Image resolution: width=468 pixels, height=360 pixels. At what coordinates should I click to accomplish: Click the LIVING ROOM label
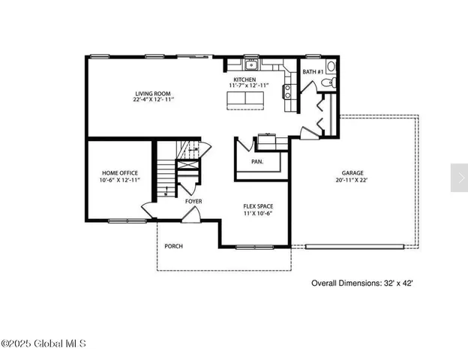(153, 93)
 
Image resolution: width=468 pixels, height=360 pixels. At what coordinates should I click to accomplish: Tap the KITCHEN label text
(244, 79)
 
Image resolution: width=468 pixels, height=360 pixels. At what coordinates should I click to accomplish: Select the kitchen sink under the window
(251, 64)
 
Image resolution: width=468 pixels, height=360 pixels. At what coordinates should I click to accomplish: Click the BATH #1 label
(313, 72)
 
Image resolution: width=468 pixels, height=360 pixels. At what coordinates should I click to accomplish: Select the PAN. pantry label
(257, 161)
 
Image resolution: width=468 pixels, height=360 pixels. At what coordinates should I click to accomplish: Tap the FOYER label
(193, 201)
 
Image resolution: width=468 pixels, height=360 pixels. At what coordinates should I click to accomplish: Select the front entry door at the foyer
(192, 215)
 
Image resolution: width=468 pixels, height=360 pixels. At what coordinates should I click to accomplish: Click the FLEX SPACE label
(257, 206)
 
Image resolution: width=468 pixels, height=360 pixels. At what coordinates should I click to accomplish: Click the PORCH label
(173, 246)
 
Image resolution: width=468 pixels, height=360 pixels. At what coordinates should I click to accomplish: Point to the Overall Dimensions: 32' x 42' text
(362, 283)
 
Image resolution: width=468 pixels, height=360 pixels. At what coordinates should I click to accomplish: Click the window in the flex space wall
(250, 247)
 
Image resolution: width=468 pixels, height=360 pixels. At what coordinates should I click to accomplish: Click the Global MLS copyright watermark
(43, 344)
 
